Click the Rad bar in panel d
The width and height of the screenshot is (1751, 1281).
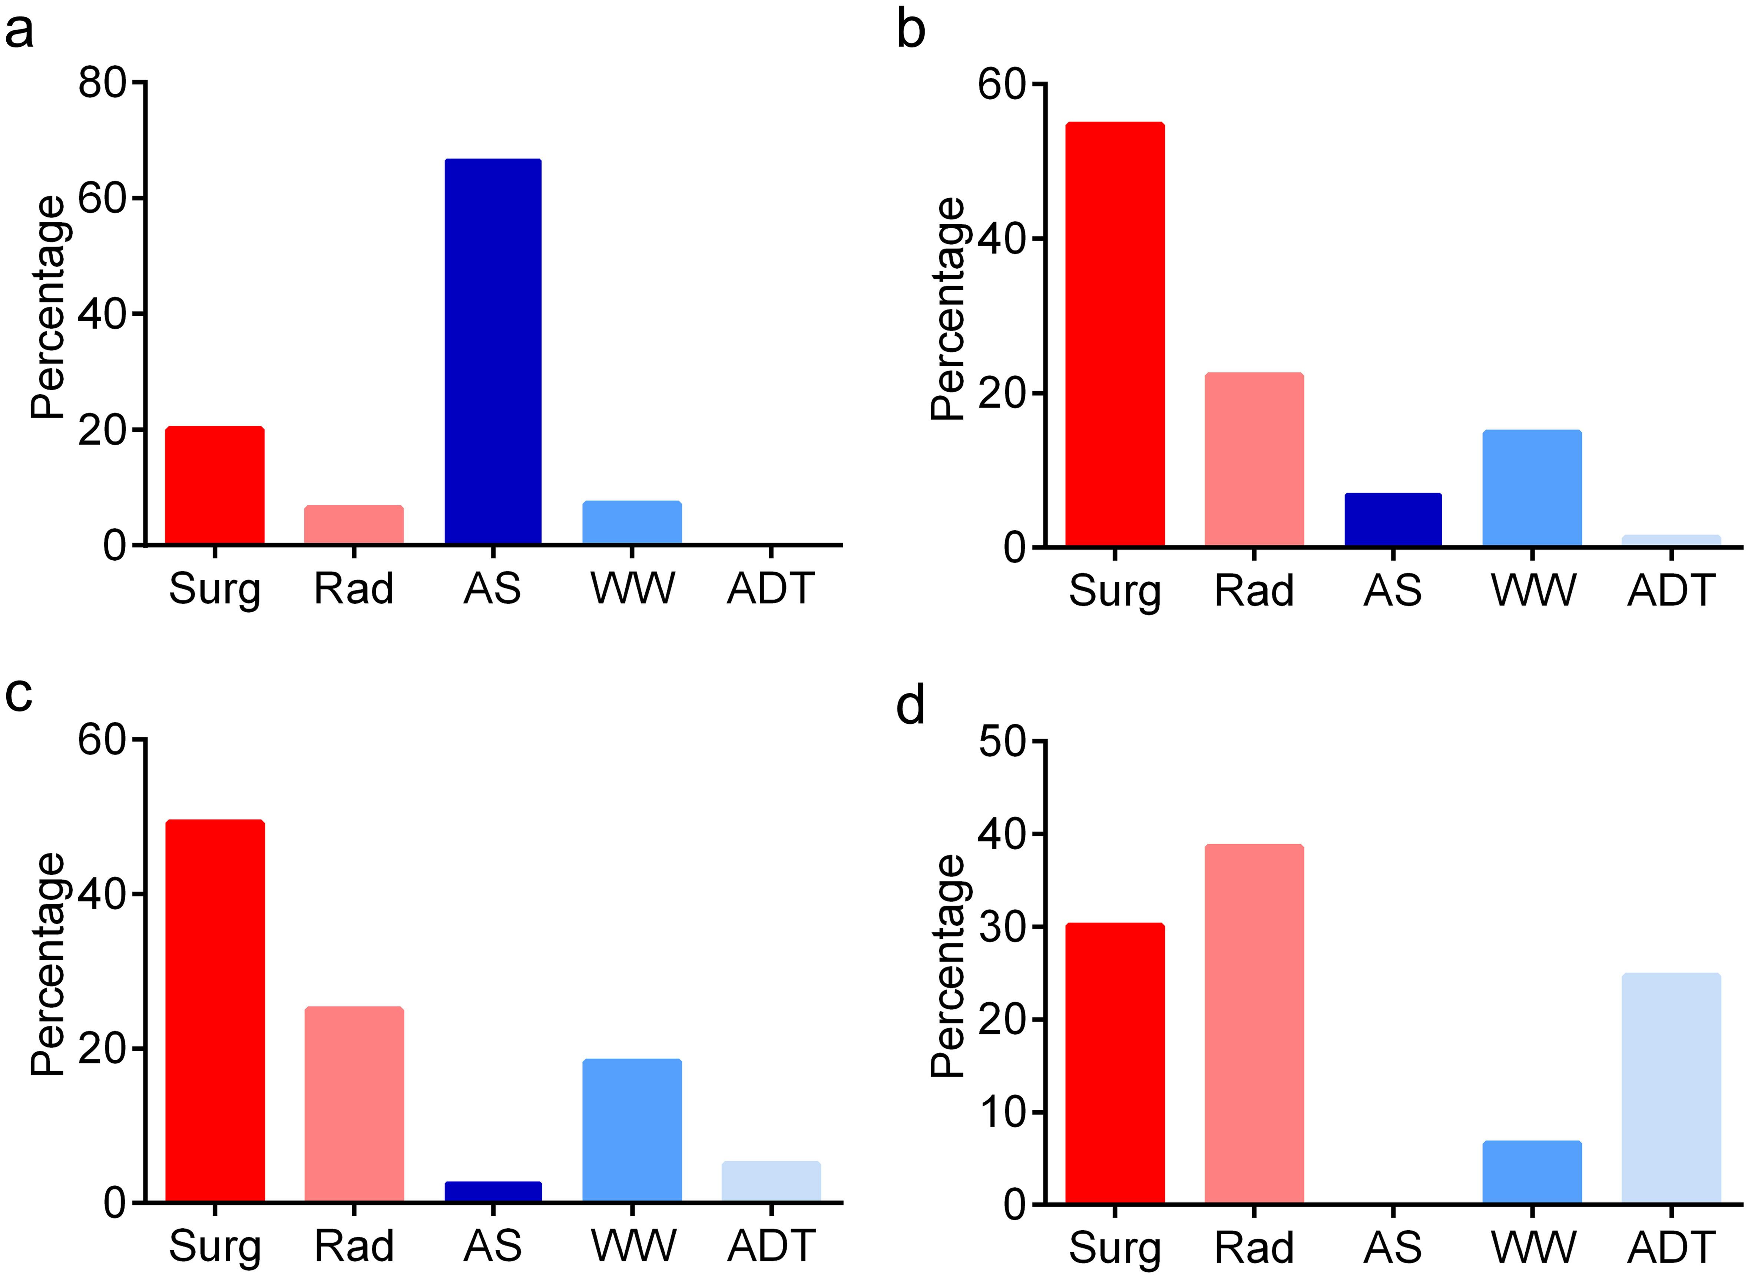pyautogui.click(x=1254, y=1023)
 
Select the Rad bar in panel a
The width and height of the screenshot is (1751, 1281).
pyautogui.click(x=354, y=525)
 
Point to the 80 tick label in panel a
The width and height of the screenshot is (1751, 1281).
pyautogui.click(x=102, y=82)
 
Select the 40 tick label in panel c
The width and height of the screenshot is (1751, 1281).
pyautogui.click(x=102, y=894)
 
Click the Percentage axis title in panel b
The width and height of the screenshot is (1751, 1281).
pyautogui.click(x=948, y=310)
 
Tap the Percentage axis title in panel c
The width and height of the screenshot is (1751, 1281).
pyautogui.click(x=48, y=965)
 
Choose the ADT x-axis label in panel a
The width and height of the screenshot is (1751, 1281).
pyautogui.click(x=771, y=589)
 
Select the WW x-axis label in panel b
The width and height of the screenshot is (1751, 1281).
pyautogui.click(x=1533, y=591)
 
